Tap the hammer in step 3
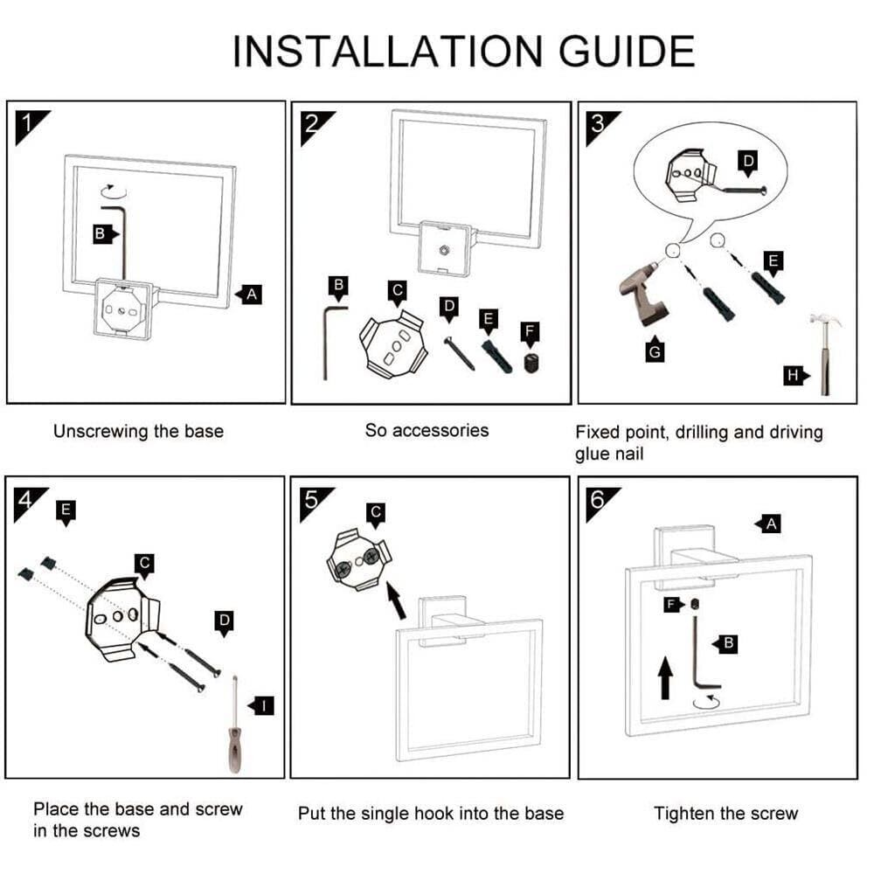click(x=824, y=350)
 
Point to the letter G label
click(x=654, y=351)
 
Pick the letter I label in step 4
click(x=263, y=705)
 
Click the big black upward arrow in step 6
click(x=665, y=677)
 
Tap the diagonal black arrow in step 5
click(x=396, y=600)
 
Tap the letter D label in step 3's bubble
click(x=747, y=162)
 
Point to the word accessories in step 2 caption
click(x=440, y=430)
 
